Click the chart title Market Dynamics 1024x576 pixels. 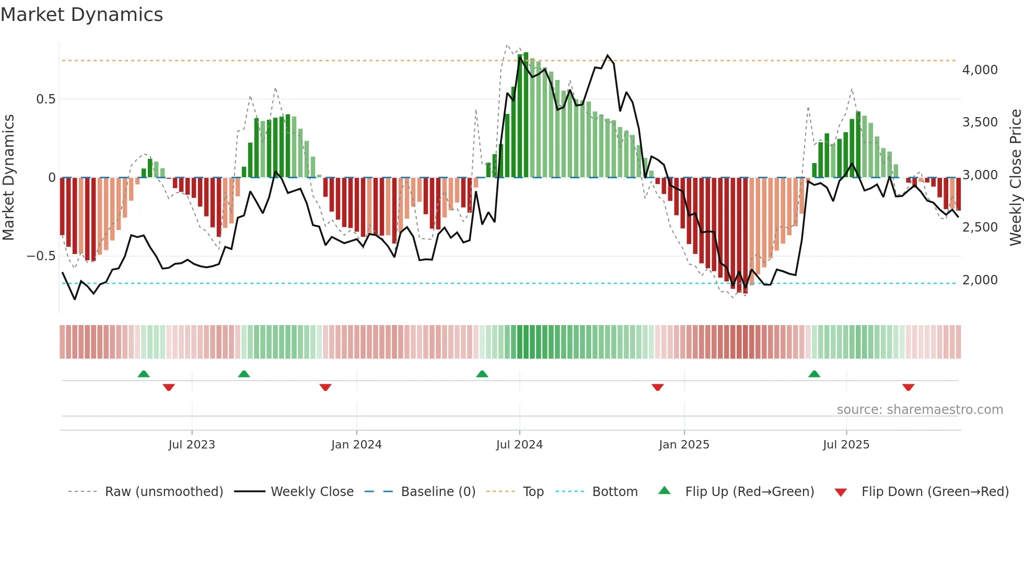(x=82, y=15)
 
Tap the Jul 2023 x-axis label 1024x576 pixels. (x=192, y=445)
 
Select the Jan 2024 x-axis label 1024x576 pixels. (x=356, y=445)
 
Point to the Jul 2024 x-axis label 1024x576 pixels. (x=519, y=445)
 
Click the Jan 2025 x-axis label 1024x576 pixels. (x=684, y=445)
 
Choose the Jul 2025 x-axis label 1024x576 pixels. (x=846, y=445)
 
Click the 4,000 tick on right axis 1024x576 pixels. (x=980, y=70)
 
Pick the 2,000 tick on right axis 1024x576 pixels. (x=980, y=280)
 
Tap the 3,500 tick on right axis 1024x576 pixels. (x=980, y=122)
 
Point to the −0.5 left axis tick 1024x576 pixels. (x=41, y=256)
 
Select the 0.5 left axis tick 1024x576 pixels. (x=45, y=99)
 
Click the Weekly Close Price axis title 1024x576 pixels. (x=1015, y=178)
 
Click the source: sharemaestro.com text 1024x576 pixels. (x=920, y=410)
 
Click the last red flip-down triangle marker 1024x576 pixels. (x=908, y=387)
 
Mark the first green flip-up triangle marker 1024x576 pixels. (x=144, y=374)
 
